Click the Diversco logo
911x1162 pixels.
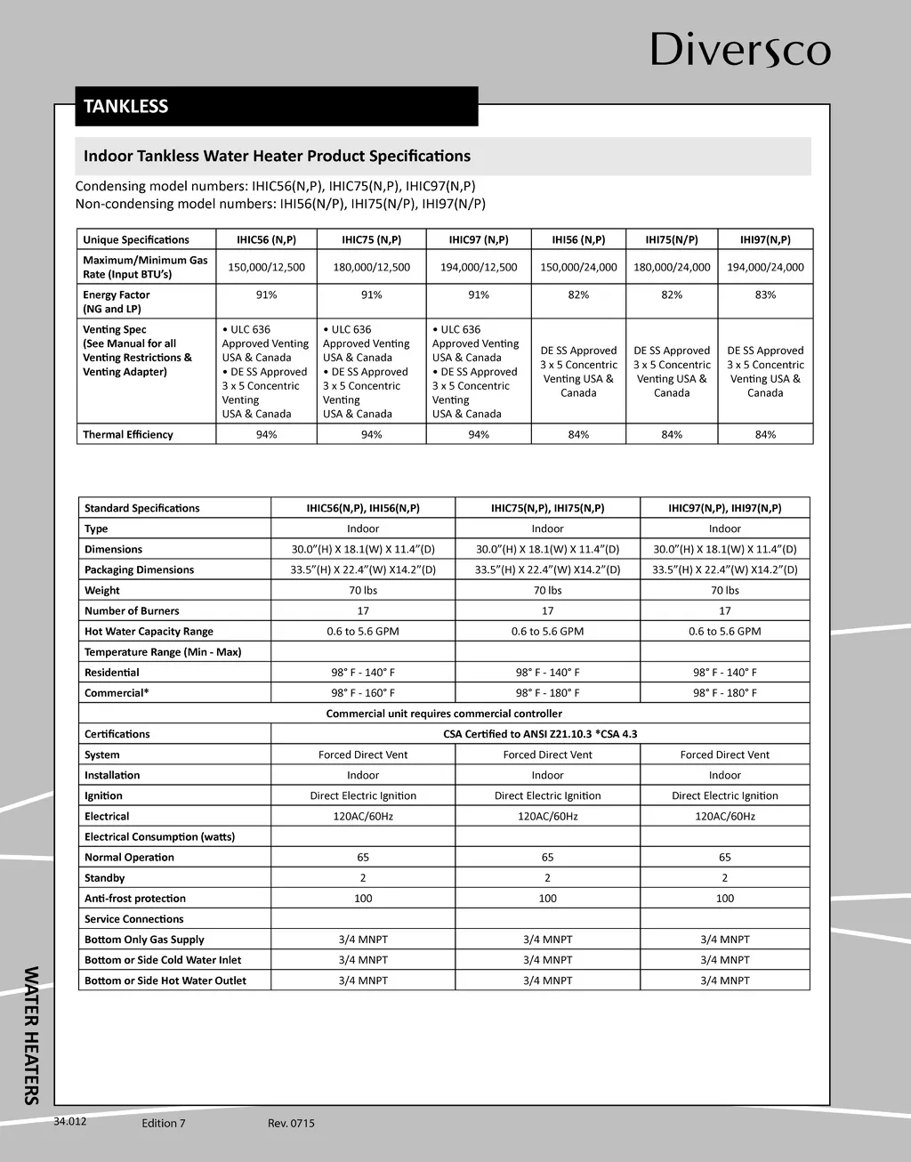point(740,50)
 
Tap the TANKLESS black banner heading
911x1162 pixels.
point(126,106)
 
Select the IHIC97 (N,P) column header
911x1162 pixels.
point(479,239)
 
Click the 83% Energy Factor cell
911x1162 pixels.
point(765,295)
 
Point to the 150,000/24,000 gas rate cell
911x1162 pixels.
point(578,267)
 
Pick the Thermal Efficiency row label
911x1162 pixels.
point(128,434)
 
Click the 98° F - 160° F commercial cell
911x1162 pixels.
point(363,693)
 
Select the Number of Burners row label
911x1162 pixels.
point(132,610)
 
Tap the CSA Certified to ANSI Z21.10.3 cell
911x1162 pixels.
point(540,734)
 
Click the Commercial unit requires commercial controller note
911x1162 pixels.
point(444,714)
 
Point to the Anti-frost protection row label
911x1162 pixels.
point(135,899)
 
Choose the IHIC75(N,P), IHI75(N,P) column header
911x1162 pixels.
point(547,508)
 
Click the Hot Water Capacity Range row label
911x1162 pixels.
point(149,632)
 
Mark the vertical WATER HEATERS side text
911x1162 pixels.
point(31,1035)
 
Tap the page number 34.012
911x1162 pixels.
point(70,1121)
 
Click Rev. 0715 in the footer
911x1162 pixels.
point(291,1123)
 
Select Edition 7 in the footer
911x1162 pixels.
point(164,1123)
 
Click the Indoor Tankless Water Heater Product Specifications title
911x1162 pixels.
point(277,156)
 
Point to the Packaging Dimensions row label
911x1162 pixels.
point(139,569)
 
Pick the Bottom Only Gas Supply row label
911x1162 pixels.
point(144,940)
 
